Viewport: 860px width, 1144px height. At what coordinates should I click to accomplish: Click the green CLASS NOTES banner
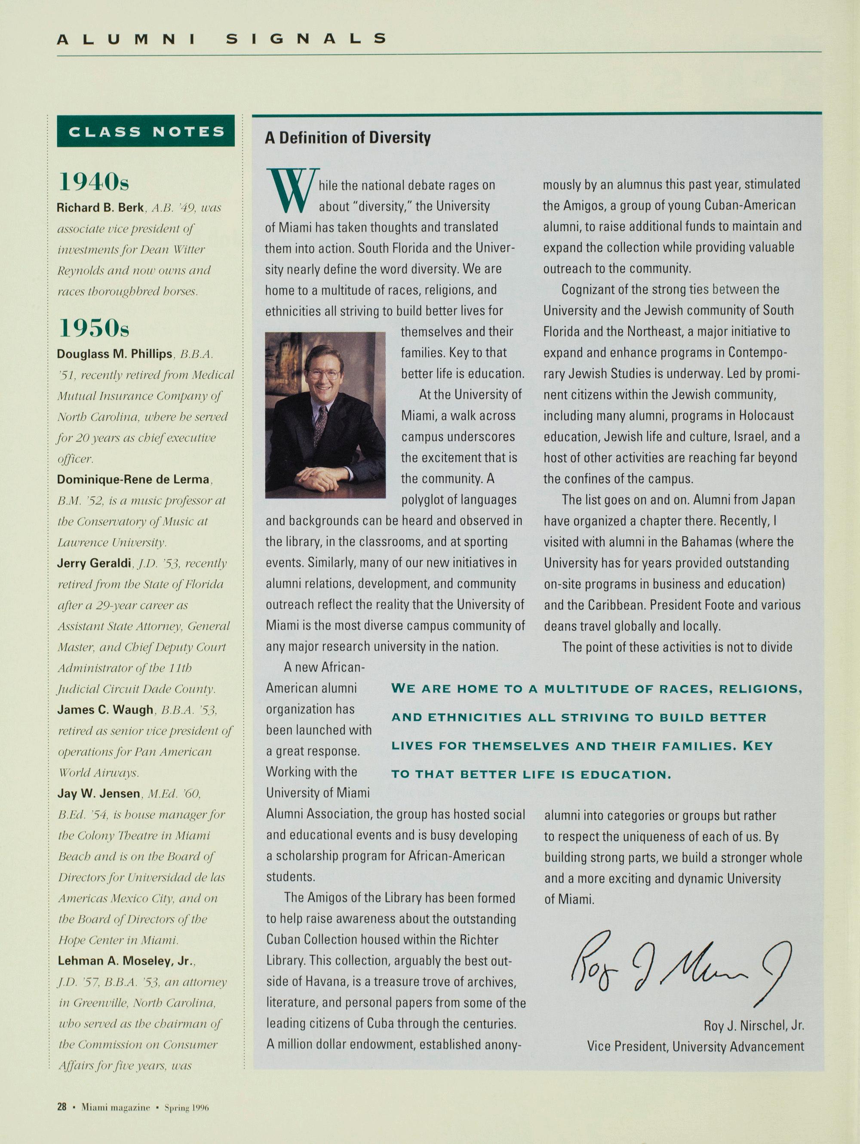click(x=146, y=132)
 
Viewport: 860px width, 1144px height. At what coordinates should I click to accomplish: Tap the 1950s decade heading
click(x=94, y=328)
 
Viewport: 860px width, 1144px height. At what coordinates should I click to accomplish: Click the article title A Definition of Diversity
click(x=348, y=138)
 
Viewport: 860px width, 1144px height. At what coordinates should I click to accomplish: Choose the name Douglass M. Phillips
click(x=114, y=354)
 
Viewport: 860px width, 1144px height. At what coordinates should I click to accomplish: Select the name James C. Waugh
click(x=105, y=710)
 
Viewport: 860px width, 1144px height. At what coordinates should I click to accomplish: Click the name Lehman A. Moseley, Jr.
click(x=126, y=960)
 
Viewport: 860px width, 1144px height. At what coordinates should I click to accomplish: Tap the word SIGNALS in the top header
click(x=307, y=39)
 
